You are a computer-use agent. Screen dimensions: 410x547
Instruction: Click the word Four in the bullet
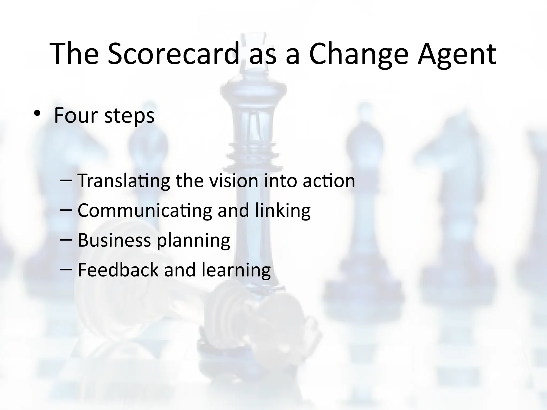pyautogui.click(x=76, y=115)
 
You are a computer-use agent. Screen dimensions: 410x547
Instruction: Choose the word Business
pyautogui.click(x=114, y=240)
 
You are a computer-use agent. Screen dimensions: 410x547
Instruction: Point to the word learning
pyautogui.click(x=236, y=270)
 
